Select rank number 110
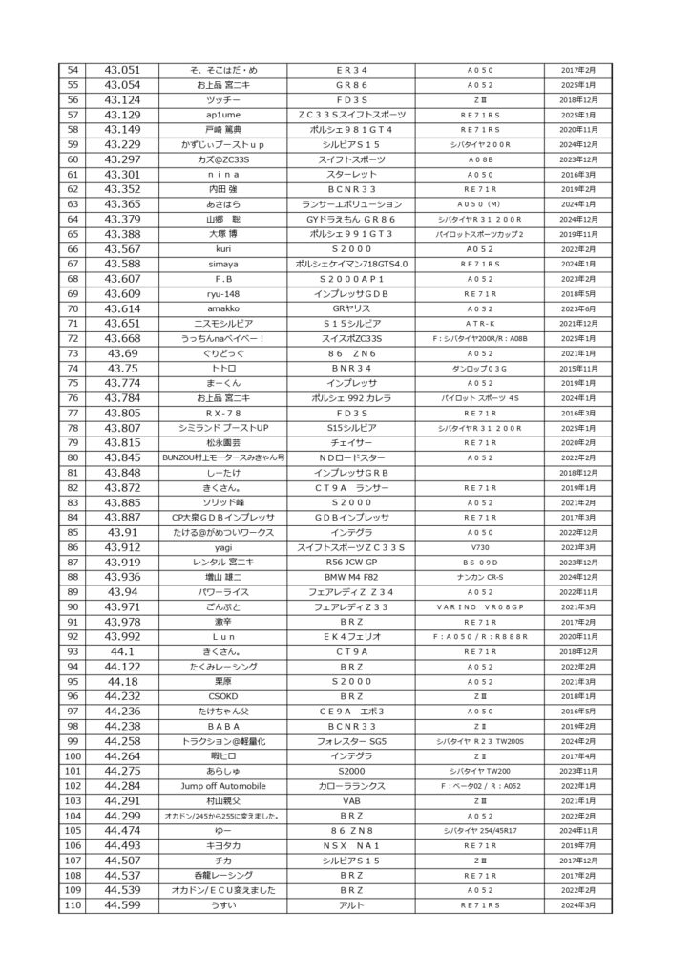click(x=72, y=904)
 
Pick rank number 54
click(x=72, y=70)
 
